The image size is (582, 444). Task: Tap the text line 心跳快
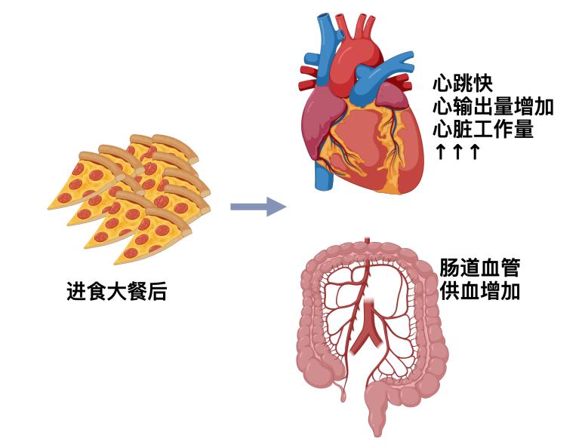pyautogui.click(x=463, y=82)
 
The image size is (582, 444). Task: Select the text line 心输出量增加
pyautogui.click(x=493, y=106)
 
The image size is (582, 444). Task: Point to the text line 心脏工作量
pyautogui.click(x=483, y=129)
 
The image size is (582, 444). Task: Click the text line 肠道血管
pyautogui.click(x=479, y=268)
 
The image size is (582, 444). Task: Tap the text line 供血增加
pyautogui.click(x=479, y=291)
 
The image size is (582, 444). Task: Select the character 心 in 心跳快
pyautogui.click(x=442, y=82)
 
